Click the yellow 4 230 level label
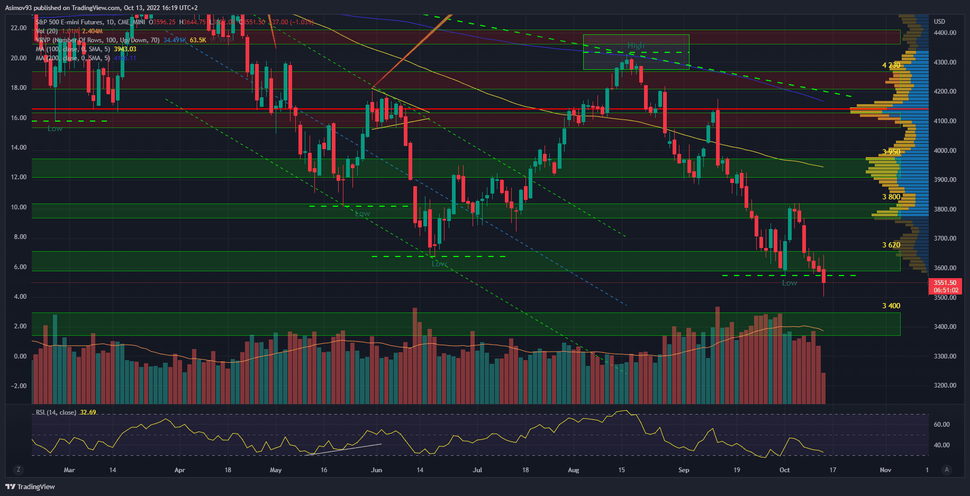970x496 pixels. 891,65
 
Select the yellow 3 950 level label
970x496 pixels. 891,152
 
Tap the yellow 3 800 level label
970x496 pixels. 891,197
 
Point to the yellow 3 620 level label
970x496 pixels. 891,245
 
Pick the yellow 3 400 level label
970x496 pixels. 891,306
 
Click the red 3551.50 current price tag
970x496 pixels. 945,283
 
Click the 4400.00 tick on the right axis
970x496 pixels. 945,33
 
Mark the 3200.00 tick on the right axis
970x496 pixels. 945,385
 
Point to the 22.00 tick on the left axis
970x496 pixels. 19,28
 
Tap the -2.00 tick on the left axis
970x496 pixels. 19,386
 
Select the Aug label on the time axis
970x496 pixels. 573,470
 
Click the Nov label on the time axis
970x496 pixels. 885,470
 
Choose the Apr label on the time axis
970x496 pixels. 179,470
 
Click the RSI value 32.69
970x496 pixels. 88,412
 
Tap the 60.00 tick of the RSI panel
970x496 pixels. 941,425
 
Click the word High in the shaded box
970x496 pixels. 636,45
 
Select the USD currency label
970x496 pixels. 939,22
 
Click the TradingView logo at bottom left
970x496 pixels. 31,486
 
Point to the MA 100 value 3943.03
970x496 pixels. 125,49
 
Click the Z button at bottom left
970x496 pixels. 19,470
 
